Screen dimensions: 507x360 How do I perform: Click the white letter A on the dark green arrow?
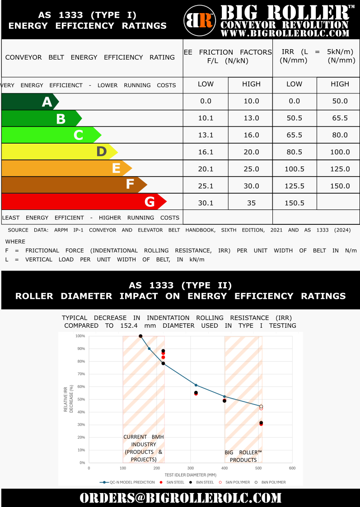click(47, 102)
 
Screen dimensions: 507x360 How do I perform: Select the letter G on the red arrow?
click(150, 202)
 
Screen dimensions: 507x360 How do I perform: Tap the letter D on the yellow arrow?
click(101, 152)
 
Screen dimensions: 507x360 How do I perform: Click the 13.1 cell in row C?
click(206, 135)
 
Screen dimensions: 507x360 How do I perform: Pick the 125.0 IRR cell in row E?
click(340, 169)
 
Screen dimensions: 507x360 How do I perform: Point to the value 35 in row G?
click(251, 203)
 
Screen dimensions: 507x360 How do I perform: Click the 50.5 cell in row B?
click(295, 118)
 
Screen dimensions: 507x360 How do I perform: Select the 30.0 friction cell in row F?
click(251, 186)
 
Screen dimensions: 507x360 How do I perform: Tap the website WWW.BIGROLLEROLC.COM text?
click(285, 33)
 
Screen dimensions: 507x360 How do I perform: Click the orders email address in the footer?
click(180, 498)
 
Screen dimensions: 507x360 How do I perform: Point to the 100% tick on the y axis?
click(80, 336)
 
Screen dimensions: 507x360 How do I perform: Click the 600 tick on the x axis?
click(292, 468)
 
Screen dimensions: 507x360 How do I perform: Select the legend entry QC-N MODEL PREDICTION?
click(129, 482)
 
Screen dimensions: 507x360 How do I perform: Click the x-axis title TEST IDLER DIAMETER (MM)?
click(191, 474)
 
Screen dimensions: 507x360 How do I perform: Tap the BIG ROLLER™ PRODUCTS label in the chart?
click(243, 456)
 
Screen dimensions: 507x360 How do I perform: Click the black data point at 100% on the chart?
click(140, 336)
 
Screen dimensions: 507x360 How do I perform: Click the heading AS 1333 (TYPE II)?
click(180, 285)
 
